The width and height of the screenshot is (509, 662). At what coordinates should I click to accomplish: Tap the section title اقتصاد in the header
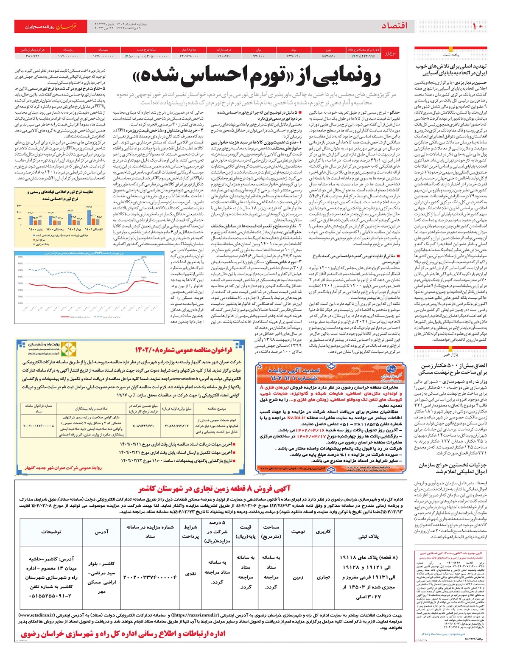(x=394, y=26)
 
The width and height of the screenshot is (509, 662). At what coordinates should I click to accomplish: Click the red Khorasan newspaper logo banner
(x=51, y=26)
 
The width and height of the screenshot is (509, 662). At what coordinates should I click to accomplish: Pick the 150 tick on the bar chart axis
(x=19, y=206)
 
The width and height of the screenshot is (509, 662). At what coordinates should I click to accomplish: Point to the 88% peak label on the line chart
(x=144, y=257)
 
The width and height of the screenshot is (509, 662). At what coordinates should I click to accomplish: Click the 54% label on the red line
(x=144, y=278)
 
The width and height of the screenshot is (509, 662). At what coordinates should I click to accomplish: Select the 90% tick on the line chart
(x=20, y=256)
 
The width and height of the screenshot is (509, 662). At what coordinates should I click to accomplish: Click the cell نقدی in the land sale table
(x=190, y=573)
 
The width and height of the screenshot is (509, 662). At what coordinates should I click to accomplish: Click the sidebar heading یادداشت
(x=451, y=55)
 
